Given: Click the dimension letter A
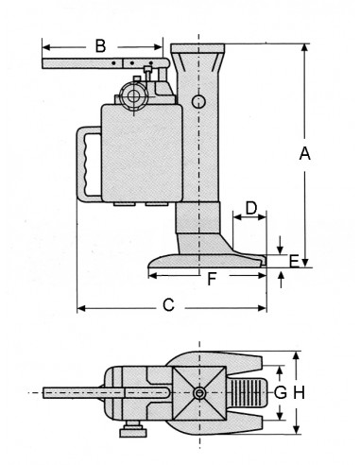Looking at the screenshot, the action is point(304,154).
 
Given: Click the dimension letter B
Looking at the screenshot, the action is point(100,46).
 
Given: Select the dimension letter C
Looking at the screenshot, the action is point(168,305).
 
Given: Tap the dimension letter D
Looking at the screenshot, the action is point(251,208).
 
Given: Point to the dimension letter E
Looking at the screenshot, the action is point(294,262).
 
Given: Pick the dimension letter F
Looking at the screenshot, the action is point(212,279).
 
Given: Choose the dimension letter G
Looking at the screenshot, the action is point(280,392).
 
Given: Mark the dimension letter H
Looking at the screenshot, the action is point(300,392).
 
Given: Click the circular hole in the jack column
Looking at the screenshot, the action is point(198,102).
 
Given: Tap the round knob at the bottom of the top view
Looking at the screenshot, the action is point(133,430).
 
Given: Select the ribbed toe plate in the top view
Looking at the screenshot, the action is point(249,392).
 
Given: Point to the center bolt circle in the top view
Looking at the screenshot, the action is point(199,393).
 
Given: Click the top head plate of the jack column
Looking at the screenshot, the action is point(197,48).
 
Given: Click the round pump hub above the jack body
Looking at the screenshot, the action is point(135,95).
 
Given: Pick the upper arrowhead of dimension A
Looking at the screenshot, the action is point(304,47).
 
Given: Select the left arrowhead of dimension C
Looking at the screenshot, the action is point(81,308).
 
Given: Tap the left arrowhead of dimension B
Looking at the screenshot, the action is point(46,47).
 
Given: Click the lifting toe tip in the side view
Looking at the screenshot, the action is point(263,261).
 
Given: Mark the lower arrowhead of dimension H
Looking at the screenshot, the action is point(296,429).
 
